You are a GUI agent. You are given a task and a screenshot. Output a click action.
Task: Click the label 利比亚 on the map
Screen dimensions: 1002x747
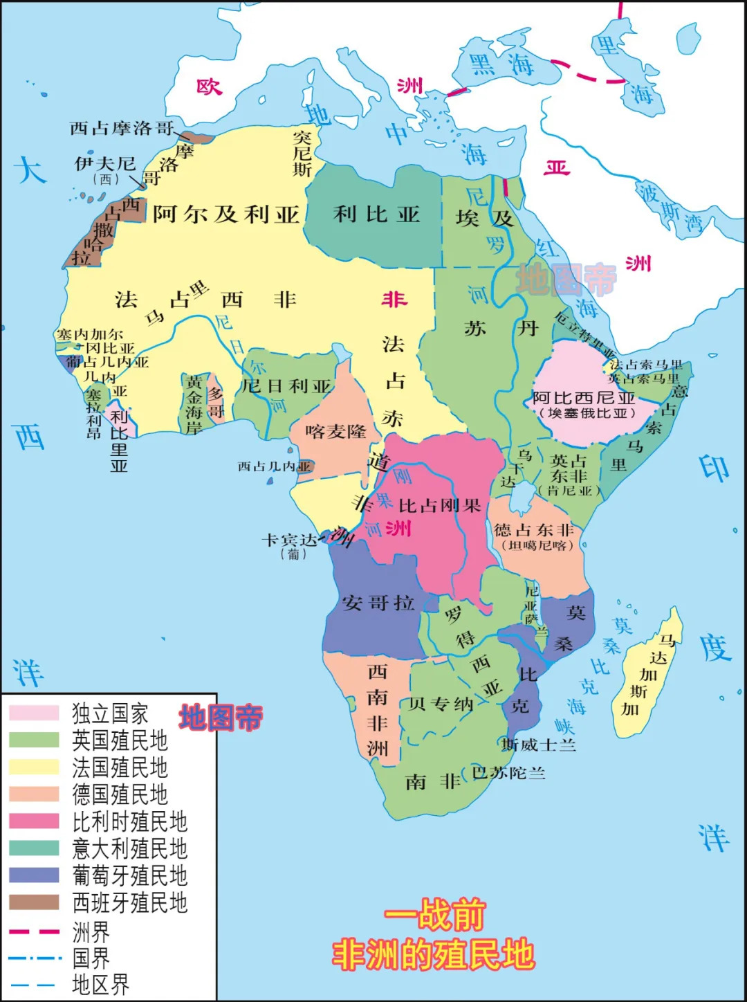(x=377, y=215)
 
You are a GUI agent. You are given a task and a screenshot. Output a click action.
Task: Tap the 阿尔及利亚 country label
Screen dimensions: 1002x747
(x=225, y=215)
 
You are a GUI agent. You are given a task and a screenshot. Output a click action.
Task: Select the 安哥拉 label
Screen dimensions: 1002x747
(x=378, y=603)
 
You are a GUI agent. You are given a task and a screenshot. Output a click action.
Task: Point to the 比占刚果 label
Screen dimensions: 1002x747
(x=439, y=506)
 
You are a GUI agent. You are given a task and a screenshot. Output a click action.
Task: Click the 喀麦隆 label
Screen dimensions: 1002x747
(x=335, y=432)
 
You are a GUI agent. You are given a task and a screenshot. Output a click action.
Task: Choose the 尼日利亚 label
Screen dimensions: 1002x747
(x=286, y=386)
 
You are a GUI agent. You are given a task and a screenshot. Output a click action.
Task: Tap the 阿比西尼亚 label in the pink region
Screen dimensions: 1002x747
(x=584, y=398)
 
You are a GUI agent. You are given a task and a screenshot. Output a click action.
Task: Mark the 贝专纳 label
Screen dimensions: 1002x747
(x=441, y=704)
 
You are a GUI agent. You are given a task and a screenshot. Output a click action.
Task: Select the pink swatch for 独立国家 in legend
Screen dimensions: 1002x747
(x=34, y=713)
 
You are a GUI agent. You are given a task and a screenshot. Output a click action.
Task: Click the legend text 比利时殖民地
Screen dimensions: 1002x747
(x=130, y=821)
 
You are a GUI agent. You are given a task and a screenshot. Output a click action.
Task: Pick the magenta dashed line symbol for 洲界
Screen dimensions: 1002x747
(x=34, y=931)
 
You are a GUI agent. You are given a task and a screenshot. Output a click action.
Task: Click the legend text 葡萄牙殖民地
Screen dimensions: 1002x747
(x=130, y=875)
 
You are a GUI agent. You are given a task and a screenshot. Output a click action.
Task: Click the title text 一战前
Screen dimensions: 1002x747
(x=434, y=916)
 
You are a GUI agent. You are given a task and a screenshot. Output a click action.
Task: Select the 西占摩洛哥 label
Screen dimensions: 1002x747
(x=121, y=128)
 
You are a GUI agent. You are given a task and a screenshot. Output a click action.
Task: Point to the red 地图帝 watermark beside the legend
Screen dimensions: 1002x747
(x=221, y=718)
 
